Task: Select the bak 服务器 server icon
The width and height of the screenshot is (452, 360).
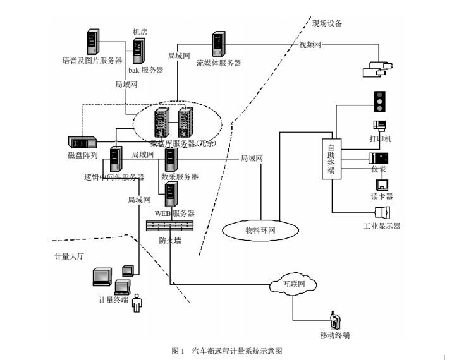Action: tap(138, 51)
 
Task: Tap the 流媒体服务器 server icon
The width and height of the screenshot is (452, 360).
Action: tap(220, 44)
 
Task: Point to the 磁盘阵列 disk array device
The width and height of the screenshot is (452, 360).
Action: tap(83, 143)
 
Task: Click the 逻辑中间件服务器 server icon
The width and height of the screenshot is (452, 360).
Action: tap(116, 159)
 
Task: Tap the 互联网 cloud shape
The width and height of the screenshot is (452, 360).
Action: tap(292, 284)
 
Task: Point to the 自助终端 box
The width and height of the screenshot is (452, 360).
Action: tap(331, 160)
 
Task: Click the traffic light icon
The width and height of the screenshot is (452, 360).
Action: tap(380, 101)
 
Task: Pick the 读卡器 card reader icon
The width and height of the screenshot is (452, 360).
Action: tap(382, 184)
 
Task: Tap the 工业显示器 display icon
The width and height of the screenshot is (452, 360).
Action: tap(383, 212)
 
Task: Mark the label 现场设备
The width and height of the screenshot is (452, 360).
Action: tap(327, 23)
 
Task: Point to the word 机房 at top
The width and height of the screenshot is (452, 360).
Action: tap(140, 31)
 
